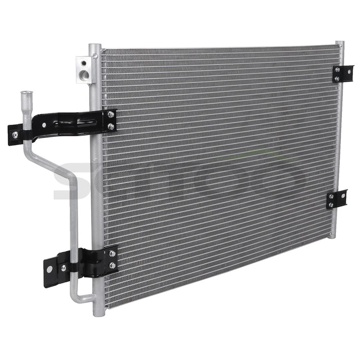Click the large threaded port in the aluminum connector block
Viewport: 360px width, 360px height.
(x=85, y=75)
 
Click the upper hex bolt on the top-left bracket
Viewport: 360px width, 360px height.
(x=111, y=115)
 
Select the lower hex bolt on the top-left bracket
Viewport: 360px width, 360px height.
(x=111, y=126)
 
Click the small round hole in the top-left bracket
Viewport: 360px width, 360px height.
(x=44, y=125)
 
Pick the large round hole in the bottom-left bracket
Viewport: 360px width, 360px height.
(x=49, y=269)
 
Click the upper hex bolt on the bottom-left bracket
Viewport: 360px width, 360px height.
(x=112, y=253)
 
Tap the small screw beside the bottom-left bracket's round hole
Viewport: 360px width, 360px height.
(x=64, y=268)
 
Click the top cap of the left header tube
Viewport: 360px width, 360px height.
(x=95, y=47)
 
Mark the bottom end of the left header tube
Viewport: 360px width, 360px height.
(x=98, y=312)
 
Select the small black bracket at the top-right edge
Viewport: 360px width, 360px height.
(x=342, y=73)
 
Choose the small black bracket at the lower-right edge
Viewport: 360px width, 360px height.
(x=336, y=199)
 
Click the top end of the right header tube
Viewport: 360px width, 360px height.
(x=340, y=43)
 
